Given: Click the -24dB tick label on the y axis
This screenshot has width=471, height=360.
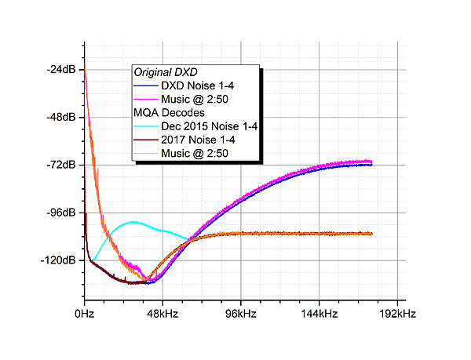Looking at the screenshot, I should click(x=61, y=69).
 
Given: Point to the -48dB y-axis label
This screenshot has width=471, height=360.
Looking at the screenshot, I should click(x=61, y=117).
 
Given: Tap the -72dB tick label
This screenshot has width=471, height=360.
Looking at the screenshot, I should click(x=61, y=165).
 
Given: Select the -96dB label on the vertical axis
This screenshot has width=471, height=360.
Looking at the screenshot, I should click(x=61, y=213).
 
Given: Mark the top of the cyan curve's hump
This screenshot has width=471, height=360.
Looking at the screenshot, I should click(x=134, y=222).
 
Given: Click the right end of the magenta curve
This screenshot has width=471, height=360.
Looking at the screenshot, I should click(x=371, y=162).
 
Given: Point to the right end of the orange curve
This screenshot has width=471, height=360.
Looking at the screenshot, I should click(x=371, y=233).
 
